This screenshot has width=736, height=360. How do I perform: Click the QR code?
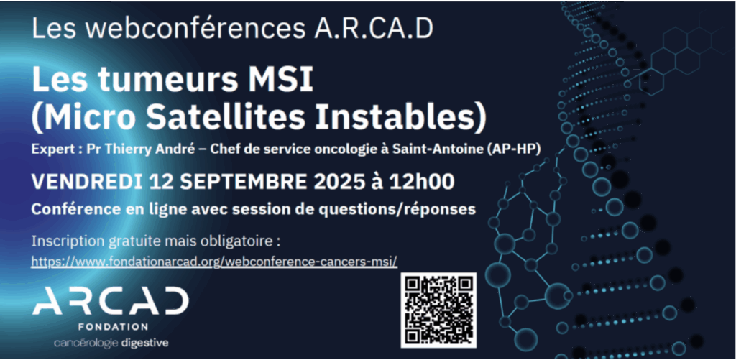(x=438, y=310)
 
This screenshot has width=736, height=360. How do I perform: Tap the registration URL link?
(x=214, y=261)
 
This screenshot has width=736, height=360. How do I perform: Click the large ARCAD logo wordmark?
(x=111, y=301)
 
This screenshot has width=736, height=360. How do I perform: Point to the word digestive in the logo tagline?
(x=144, y=343)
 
